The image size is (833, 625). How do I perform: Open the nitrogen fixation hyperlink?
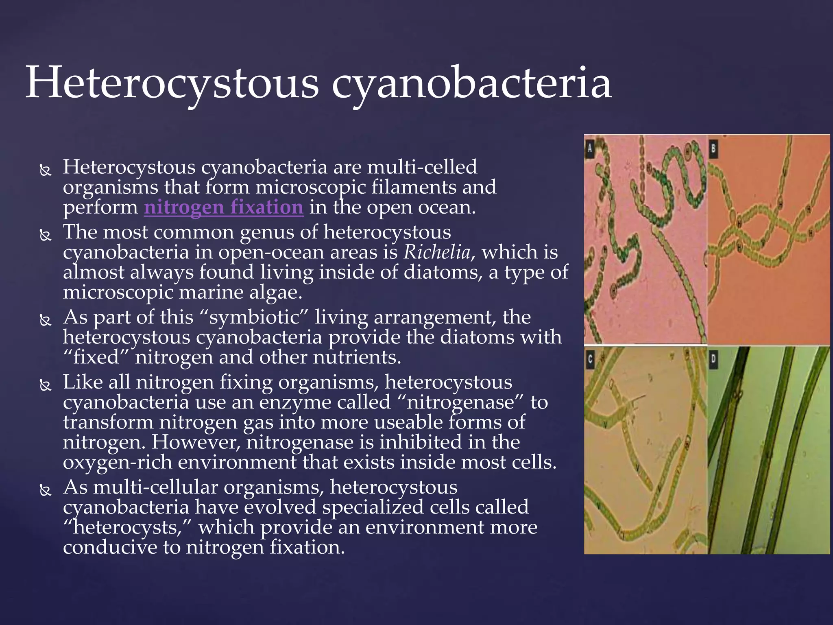(x=224, y=207)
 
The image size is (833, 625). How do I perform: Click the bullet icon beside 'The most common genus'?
(x=45, y=235)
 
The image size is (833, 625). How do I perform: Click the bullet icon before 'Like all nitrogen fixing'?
(x=45, y=385)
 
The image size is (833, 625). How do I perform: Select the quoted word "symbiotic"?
(x=254, y=317)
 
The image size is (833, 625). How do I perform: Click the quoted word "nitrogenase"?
(x=460, y=402)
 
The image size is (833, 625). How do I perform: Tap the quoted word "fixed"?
(x=97, y=357)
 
